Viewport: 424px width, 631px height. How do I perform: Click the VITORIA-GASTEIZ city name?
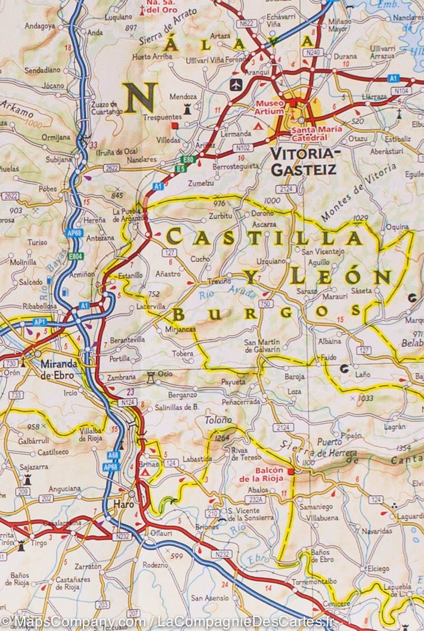tap(302, 161)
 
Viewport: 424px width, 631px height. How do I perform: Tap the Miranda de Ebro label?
tap(59, 369)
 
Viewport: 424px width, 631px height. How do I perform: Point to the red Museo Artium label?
tap(270, 107)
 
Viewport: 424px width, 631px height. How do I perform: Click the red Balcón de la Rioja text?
tap(261, 474)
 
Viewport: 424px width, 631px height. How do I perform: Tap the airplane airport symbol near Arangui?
tap(236, 84)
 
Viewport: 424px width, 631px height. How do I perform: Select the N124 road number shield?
tap(127, 402)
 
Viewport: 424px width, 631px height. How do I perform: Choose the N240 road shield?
tap(312, 52)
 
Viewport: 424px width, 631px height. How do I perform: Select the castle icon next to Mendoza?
tap(186, 109)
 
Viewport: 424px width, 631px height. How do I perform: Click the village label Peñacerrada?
tap(240, 401)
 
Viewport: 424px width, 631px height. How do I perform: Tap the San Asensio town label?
tap(210, 598)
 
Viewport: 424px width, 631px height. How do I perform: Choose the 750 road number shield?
tap(266, 304)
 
